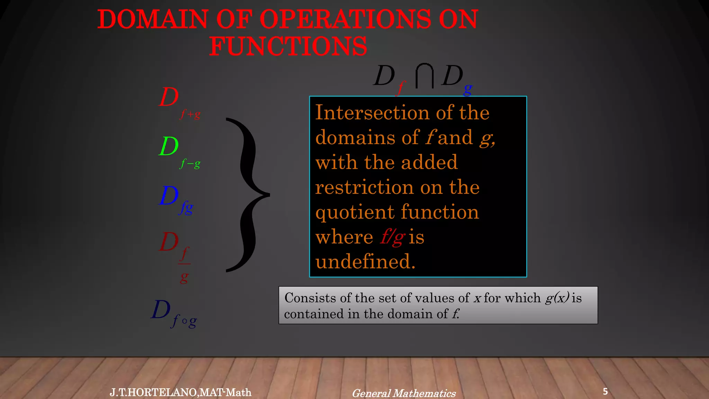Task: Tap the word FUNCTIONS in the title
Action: (288, 46)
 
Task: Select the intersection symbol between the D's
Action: (424, 76)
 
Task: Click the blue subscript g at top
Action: (468, 89)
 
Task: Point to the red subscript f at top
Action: (401, 88)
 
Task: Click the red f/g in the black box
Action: (393, 238)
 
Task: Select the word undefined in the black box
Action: (365, 262)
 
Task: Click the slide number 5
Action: (605, 391)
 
